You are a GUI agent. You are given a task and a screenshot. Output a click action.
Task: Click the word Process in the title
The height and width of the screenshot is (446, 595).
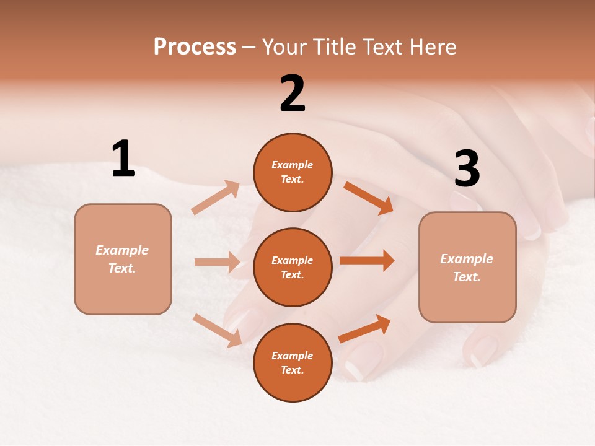[x=195, y=46]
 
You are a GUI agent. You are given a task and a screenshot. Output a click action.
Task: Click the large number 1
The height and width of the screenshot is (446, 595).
[x=123, y=159]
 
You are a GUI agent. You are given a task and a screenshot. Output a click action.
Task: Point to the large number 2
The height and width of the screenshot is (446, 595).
[x=293, y=94]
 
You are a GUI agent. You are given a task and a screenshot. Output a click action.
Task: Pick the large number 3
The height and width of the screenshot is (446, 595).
[x=467, y=169]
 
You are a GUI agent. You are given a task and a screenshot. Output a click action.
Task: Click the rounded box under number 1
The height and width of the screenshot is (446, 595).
[x=123, y=259]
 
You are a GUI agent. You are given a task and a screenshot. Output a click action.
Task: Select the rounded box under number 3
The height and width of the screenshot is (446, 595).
[x=467, y=267]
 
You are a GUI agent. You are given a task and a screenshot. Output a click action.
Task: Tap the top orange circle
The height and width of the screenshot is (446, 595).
[x=293, y=172]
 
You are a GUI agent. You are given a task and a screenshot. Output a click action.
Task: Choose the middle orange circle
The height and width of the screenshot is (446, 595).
[x=293, y=267]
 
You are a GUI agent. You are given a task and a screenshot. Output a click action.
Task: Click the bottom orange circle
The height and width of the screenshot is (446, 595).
[x=293, y=362]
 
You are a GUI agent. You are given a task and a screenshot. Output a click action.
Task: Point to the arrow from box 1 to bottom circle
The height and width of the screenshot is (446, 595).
[x=217, y=330]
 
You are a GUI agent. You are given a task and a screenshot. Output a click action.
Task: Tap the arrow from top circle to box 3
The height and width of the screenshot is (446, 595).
[x=368, y=198]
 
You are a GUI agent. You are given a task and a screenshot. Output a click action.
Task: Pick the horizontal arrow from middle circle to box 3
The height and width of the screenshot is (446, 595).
[x=367, y=261]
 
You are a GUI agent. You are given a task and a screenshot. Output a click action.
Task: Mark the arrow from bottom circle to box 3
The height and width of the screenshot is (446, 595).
[x=364, y=329]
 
